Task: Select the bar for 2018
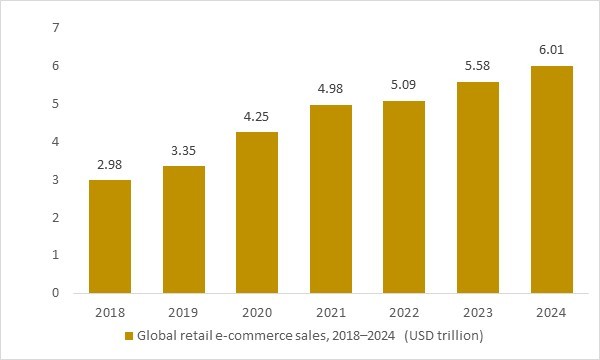click(110, 237)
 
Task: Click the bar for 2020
click(257, 213)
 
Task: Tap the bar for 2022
click(404, 197)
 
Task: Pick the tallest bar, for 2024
click(551, 180)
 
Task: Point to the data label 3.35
click(184, 151)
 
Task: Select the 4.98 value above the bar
click(331, 89)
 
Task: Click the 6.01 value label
click(551, 50)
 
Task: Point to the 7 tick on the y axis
click(55, 27)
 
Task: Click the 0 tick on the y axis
click(55, 293)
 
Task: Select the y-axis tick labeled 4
click(55, 141)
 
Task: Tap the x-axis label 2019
click(184, 312)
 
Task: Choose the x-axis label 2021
click(331, 312)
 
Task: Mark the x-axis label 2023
click(478, 312)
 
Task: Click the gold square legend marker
click(128, 336)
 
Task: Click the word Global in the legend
click(158, 336)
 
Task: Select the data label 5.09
click(404, 85)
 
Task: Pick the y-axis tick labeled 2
click(55, 217)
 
